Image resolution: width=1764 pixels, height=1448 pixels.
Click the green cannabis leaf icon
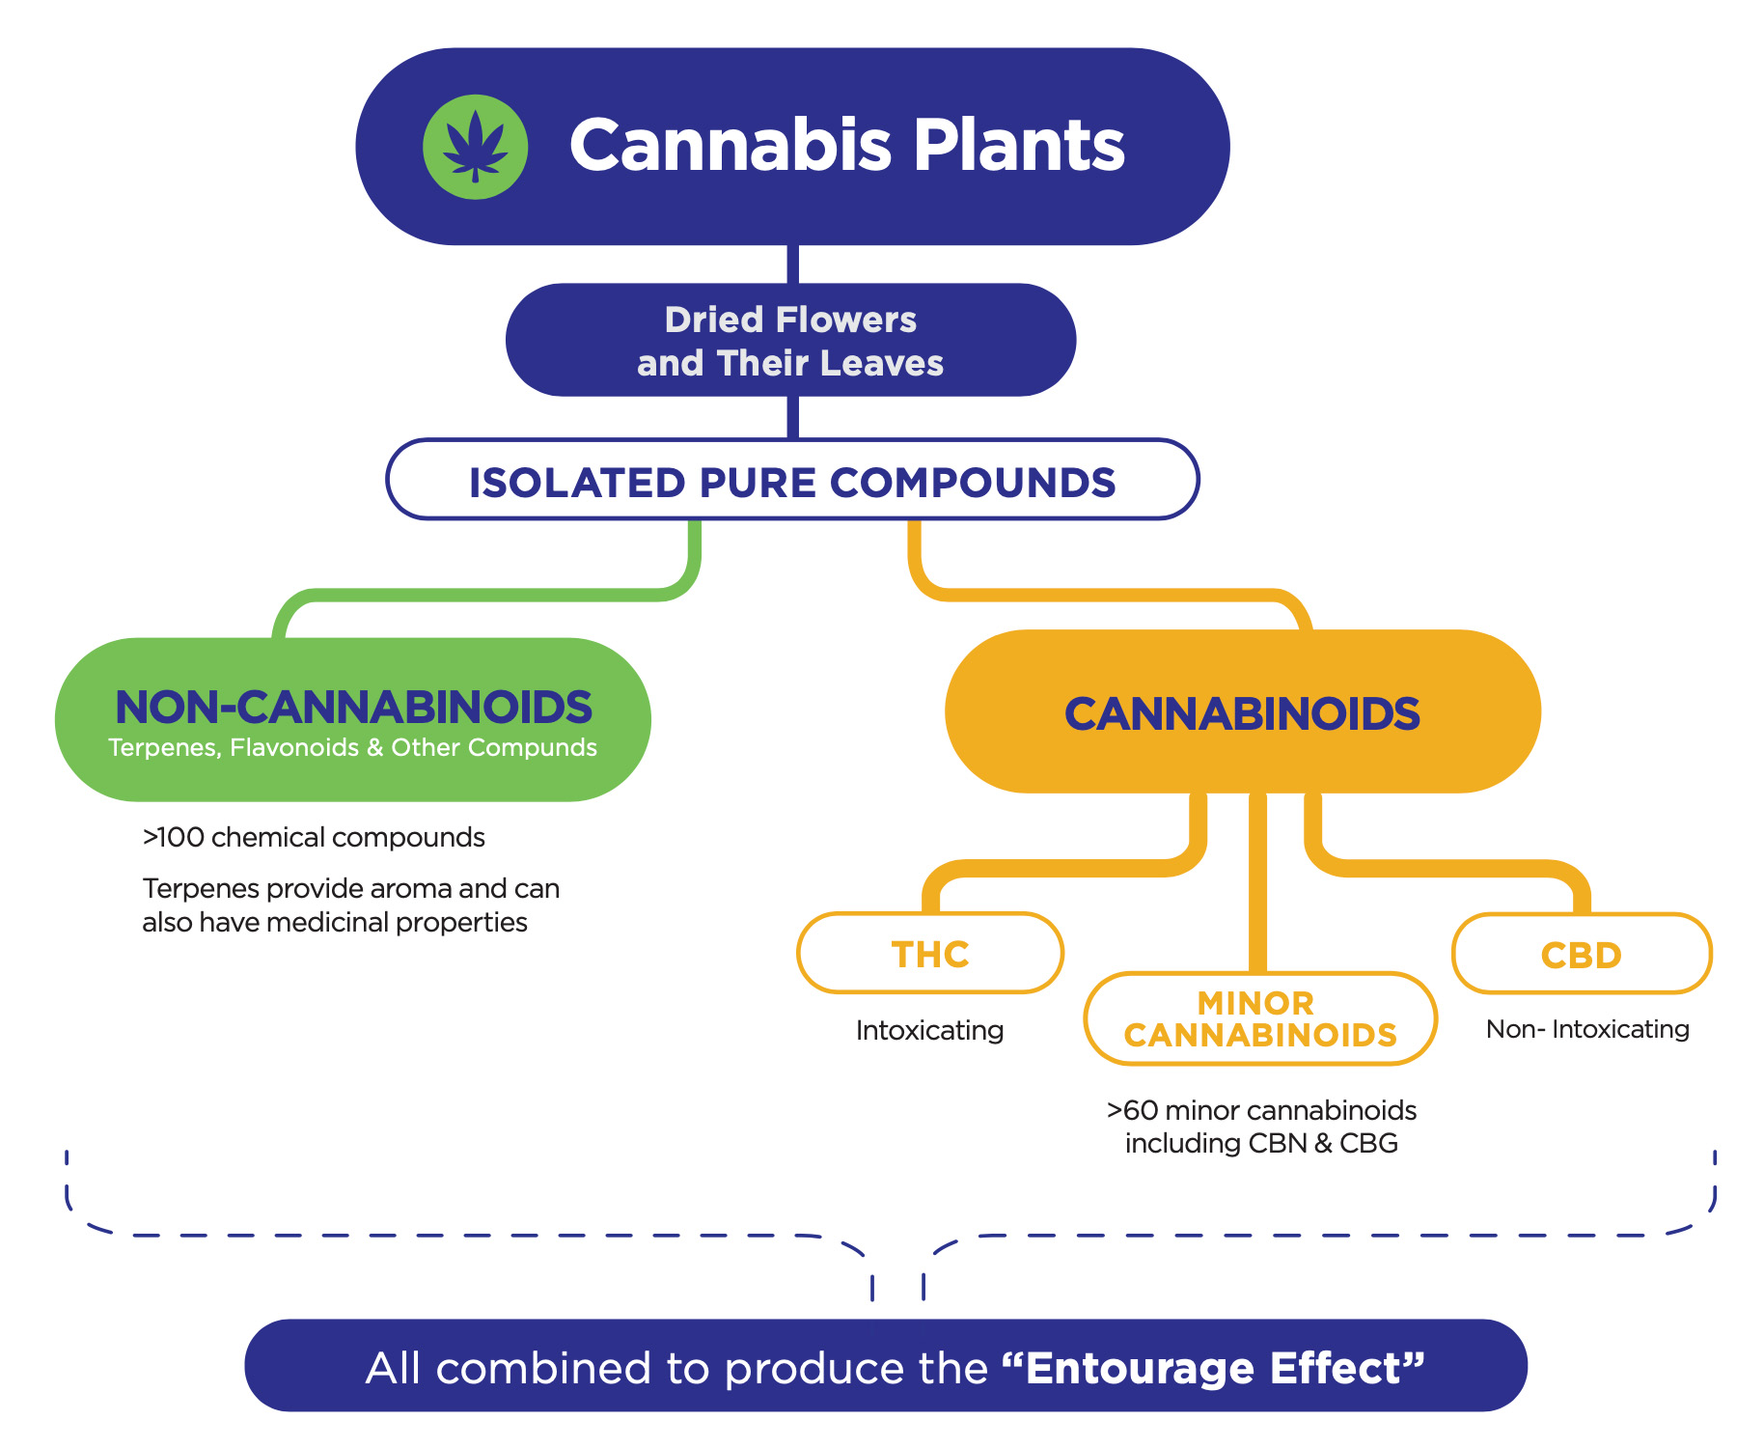(476, 147)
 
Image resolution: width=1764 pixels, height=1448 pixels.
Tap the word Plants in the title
(1019, 146)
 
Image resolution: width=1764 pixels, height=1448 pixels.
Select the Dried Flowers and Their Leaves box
(790, 340)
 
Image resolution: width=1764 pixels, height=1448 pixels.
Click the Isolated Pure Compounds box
(792, 480)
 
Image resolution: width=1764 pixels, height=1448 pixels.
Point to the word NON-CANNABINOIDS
(353, 707)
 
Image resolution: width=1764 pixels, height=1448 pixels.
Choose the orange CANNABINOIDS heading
(1242, 713)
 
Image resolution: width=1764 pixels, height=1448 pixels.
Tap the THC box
(930, 953)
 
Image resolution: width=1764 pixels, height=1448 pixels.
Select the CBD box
(1582, 954)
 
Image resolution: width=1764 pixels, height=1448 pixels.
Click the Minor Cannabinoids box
(1260, 1018)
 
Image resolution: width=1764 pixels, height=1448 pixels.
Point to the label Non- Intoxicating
(1587, 1029)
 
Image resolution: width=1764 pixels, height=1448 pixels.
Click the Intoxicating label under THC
(929, 1031)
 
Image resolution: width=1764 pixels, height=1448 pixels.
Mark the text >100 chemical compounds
(314, 837)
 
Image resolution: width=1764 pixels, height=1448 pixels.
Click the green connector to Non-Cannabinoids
(486, 595)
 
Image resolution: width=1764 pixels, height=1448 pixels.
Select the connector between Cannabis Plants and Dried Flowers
(792, 264)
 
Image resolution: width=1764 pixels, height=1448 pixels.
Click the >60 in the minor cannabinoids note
(1133, 1110)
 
